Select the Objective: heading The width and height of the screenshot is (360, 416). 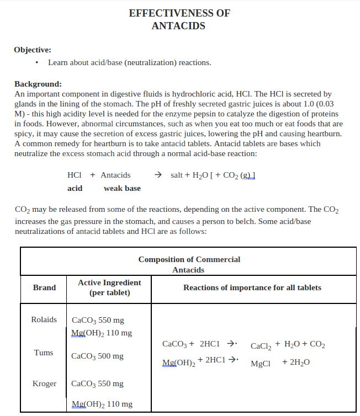[x=33, y=50]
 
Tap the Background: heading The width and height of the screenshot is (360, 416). [x=38, y=84]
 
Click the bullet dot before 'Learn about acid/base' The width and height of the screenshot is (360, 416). [x=36, y=63]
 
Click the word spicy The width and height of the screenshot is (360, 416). [x=24, y=134]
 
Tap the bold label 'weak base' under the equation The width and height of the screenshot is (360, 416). [x=122, y=189]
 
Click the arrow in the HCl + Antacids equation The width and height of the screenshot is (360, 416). [x=158, y=175]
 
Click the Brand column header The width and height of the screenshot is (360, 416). [x=44, y=287]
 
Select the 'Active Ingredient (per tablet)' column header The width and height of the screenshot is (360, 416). [x=109, y=287]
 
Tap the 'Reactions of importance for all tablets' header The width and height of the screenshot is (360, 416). [x=252, y=287]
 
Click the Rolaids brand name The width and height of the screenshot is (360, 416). [x=44, y=319]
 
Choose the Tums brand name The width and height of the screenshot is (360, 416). [x=44, y=353]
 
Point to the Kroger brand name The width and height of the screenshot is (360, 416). [x=44, y=383]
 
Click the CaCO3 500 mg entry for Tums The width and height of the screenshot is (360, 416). [x=98, y=356]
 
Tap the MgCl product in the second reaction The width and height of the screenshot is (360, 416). [x=261, y=364]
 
